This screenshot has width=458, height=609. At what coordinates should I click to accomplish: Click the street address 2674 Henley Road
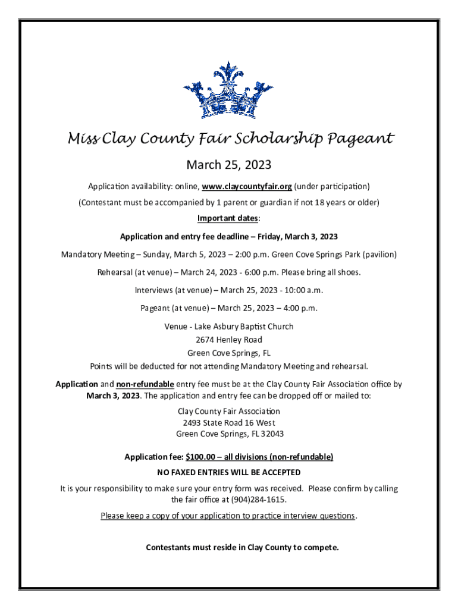(x=229, y=340)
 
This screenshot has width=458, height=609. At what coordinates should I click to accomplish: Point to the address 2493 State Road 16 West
(x=229, y=422)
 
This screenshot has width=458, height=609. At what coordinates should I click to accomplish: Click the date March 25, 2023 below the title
(x=229, y=164)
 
